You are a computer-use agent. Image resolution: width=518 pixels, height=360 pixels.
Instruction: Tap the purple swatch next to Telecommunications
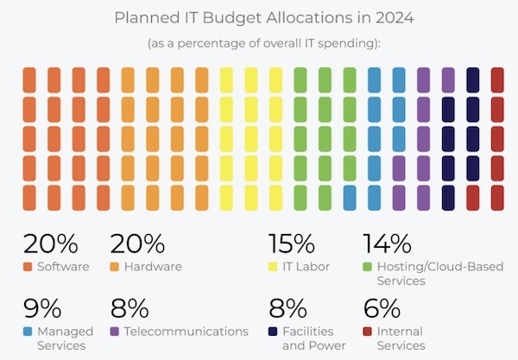pyautogui.click(x=116, y=332)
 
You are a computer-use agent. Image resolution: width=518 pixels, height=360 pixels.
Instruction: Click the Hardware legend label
pyautogui.click(x=154, y=267)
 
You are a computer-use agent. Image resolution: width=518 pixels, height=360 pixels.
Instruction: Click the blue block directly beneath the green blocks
pyautogui.click(x=349, y=198)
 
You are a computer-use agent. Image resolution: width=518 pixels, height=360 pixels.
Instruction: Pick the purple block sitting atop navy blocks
pyautogui.click(x=448, y=80)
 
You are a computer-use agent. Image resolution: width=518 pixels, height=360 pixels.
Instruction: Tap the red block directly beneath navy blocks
pyautogui.click(x=472, y=198)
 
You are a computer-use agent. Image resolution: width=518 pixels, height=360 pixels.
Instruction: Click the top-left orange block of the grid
pyautogui.click(x=29, y=80)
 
